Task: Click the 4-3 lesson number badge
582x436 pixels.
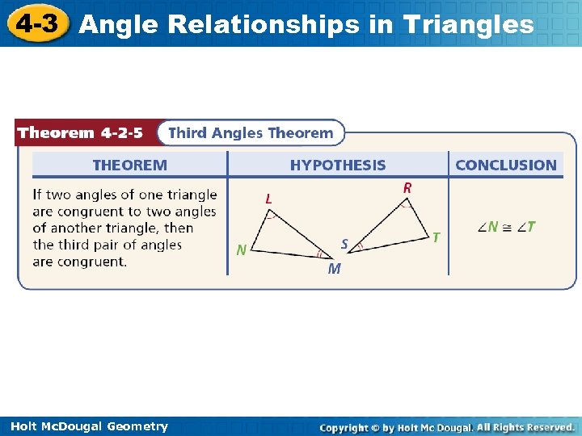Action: (37, 23)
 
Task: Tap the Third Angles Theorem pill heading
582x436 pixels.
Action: (251, 133)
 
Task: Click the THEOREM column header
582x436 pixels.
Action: (129, 166)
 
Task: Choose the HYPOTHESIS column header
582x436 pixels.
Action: (338, 166)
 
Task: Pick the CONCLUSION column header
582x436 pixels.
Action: (506, 166)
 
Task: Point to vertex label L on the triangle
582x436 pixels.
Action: (268, 197)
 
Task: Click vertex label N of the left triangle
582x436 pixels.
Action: (242, 250)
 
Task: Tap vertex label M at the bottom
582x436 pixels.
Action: (334, 270)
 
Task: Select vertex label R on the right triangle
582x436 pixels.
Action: (407, 187)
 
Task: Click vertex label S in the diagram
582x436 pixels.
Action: (344, 243)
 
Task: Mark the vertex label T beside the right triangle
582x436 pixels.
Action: (436, 237)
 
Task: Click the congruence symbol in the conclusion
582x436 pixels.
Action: (507, 228)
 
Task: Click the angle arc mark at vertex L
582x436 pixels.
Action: (272, 216)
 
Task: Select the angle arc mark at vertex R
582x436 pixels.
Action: (403, 204)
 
